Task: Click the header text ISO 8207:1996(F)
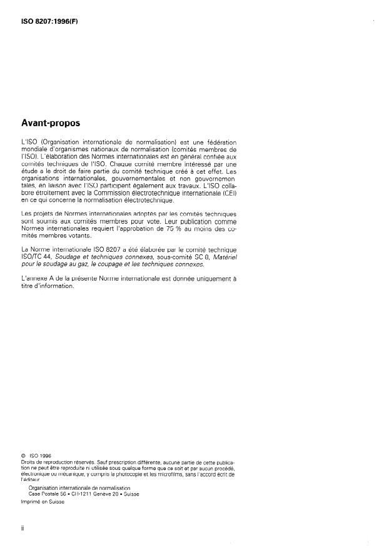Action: pyautogui.click(x=49, y=22)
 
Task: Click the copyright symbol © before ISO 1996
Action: pyautogui.click(x=23, y=463)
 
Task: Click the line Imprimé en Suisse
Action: pyautogui.click(x=41, y=501)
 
